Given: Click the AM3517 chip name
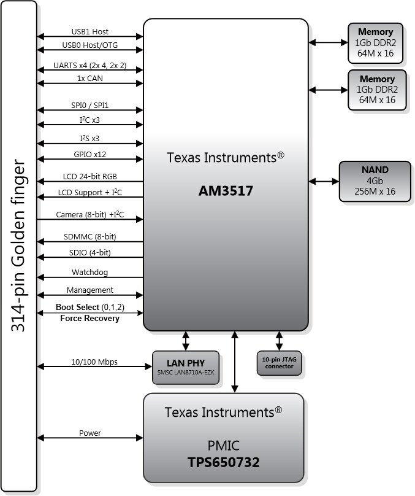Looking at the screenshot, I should click(226, 191).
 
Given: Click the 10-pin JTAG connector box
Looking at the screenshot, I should click(280, 363).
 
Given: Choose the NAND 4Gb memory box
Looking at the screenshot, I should click(375, 182).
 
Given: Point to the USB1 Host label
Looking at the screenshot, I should click(89, 32).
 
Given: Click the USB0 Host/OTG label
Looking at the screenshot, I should click(90, 45).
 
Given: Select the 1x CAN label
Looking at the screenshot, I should click(89, 79).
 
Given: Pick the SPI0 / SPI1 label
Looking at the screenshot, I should click(89, 106).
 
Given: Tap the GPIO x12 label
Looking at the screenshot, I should click(89, 154).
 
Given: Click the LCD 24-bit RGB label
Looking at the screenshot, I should click(89, 176).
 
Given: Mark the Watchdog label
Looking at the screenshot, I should click(89, 272).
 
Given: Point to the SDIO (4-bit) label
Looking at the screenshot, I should click(89, 252).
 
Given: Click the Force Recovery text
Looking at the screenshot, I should click(89, 318).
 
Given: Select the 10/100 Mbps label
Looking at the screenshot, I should click(89, 362).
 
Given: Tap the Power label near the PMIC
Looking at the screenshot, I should click(89, 433).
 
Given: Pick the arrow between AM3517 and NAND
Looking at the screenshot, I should click(324, 182).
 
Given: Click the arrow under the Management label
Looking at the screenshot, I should click(90, 296).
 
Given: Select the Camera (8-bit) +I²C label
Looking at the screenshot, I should click(89, 214).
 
